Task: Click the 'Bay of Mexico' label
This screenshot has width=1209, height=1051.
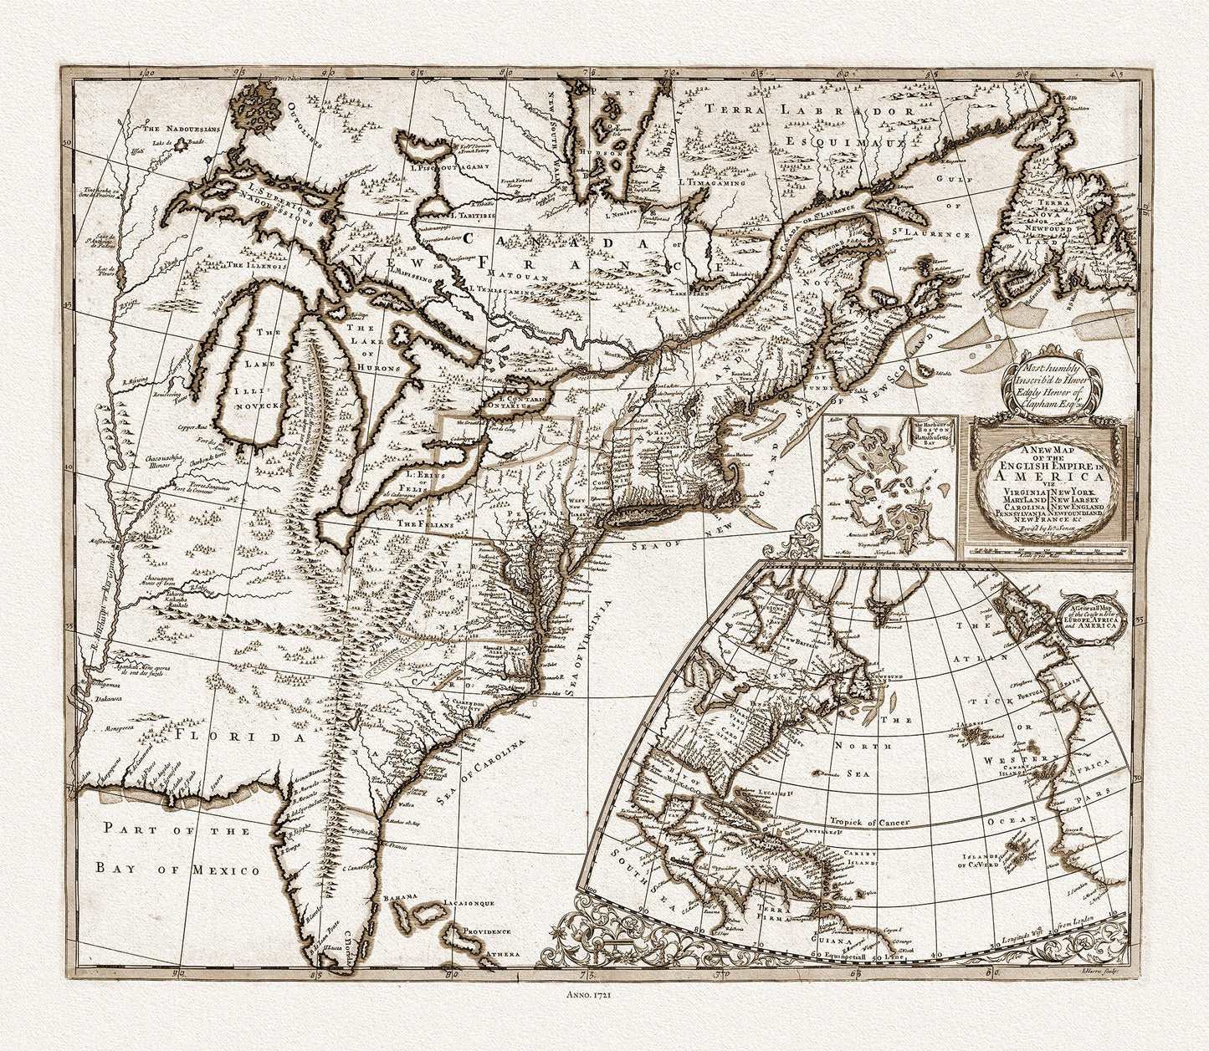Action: [177, 869]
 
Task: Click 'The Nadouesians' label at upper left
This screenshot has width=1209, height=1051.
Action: [178, 130]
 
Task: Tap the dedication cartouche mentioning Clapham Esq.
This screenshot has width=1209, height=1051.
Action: [1053, 381]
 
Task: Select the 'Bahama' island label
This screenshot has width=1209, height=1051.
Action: [399, 898]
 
